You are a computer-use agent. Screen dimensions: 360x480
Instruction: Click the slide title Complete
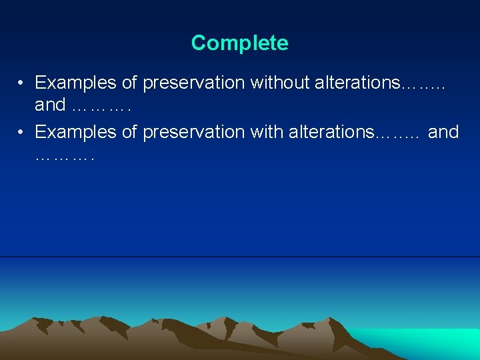coord(239,43)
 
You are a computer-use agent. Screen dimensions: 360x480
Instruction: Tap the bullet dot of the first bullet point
coord(22,83)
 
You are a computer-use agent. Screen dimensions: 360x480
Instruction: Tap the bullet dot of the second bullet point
coord(22,132)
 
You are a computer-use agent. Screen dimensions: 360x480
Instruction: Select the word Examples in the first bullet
coord(76,83)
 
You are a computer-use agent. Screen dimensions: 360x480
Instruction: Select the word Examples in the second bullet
coord(76,132)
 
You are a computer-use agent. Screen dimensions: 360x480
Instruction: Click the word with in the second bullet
coord(267,132)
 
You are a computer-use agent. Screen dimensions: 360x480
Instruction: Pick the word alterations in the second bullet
coord(331,132)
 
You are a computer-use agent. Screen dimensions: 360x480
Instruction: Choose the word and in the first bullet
coord(50,105)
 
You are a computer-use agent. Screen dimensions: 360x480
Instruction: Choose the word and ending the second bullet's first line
coord(443,132)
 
